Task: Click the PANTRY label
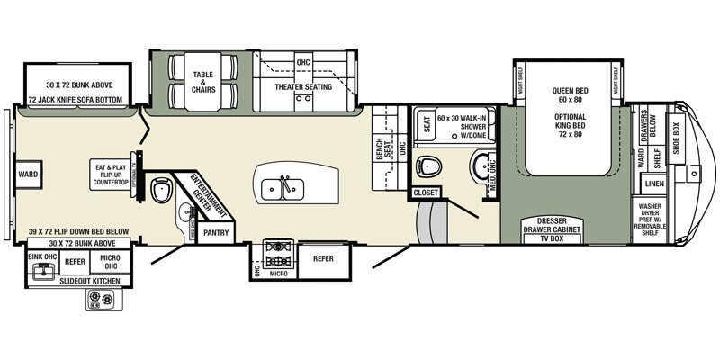pos(216,232)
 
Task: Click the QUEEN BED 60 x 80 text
pos(569,94)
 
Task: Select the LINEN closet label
pos(654,184)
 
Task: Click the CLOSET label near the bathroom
pos(425,193)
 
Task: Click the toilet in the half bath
pos(163,189)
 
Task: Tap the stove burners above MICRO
pos(277,247)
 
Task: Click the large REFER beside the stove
pos(323,256)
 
